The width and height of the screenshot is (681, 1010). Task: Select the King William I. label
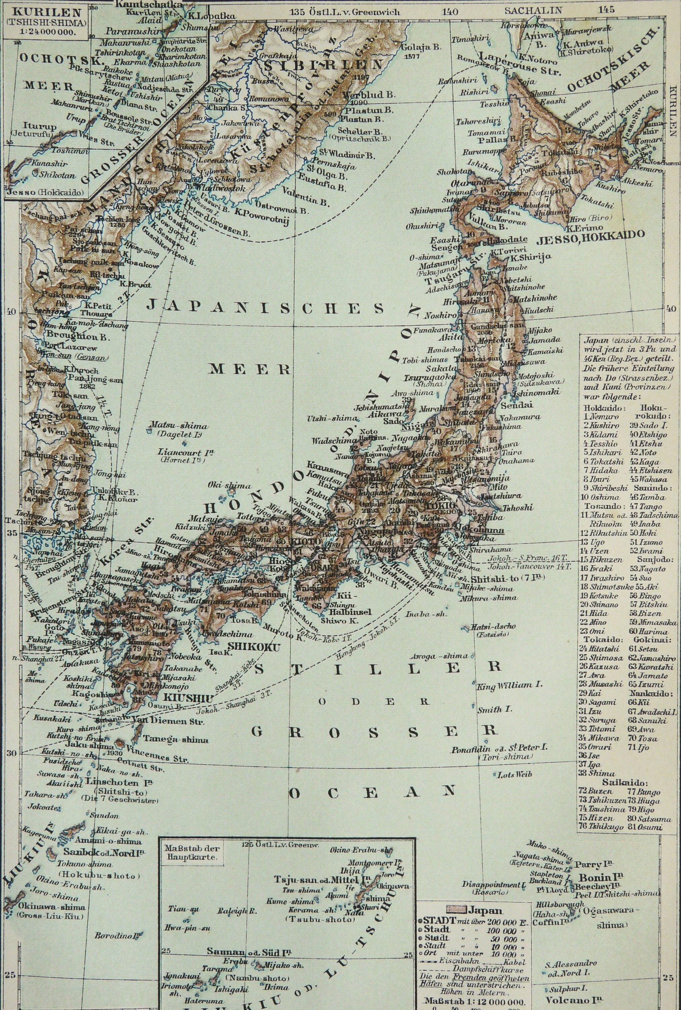[510, 685]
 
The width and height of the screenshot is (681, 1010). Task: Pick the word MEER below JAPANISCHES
[251, 369]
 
